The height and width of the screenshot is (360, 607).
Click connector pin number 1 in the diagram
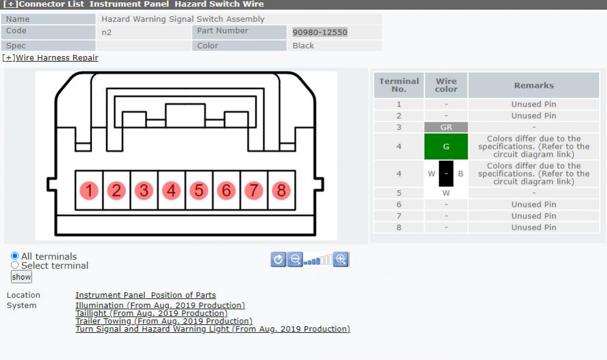(x=88, y=191)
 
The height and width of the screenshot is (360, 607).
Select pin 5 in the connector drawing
(x=199, y=191)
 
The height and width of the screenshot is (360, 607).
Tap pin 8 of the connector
(x=281, y=191)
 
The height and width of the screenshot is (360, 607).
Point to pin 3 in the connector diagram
(x=143, y=191)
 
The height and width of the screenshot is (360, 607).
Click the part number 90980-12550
(x=320, y=33)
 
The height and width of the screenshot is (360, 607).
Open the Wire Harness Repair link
(x=50, y=57)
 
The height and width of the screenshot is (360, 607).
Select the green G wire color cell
(x=446, y=146)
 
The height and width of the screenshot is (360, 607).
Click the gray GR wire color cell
(x=446, y=127)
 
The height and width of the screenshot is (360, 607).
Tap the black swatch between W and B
(x=446, y=174)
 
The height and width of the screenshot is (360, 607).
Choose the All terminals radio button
(x=15, y=256)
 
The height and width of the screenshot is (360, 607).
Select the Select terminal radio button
(x=15, y=265)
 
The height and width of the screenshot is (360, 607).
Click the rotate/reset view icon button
(x=278, y=260)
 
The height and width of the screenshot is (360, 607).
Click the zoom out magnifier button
(x=295, y=260)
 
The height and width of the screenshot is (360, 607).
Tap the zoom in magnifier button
(x=341, y=260)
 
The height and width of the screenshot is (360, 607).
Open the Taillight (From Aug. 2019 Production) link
(x=151, y=313)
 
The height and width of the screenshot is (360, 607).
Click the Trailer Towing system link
(x=164, y=321)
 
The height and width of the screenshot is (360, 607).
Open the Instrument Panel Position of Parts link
(x=146, y=295)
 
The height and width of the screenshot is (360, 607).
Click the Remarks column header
(x=534, y=85)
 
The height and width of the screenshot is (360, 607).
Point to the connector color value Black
(x=303, y=45)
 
